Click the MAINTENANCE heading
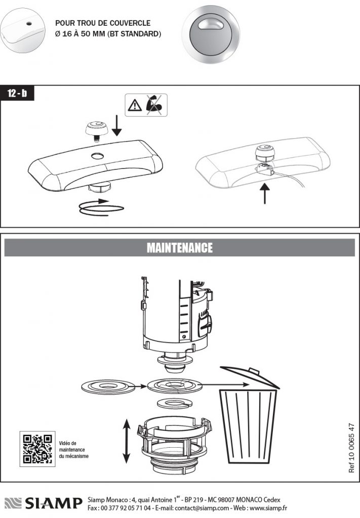point(180,248)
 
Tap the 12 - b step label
point(18,94)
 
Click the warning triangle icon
point(135,105)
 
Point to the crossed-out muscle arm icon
point(154,105)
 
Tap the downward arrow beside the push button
point(117,125)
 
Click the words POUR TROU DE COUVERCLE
point(103,23)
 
